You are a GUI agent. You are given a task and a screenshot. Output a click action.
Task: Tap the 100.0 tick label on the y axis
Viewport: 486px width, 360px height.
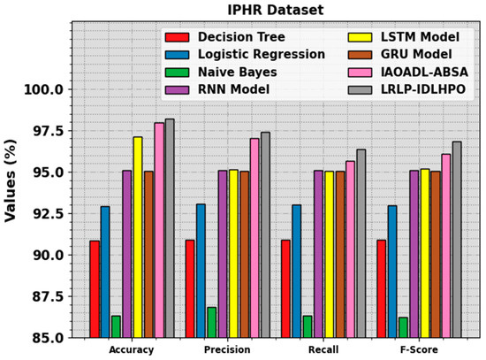(x=43, y=89)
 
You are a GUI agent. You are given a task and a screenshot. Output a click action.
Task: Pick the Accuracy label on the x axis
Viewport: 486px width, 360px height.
(x=132, y=350)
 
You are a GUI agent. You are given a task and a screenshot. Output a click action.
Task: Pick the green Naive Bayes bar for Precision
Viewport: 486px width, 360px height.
(x=211, y=322)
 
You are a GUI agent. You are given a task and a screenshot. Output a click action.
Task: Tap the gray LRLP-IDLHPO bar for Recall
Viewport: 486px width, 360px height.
(x=361, y=243)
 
